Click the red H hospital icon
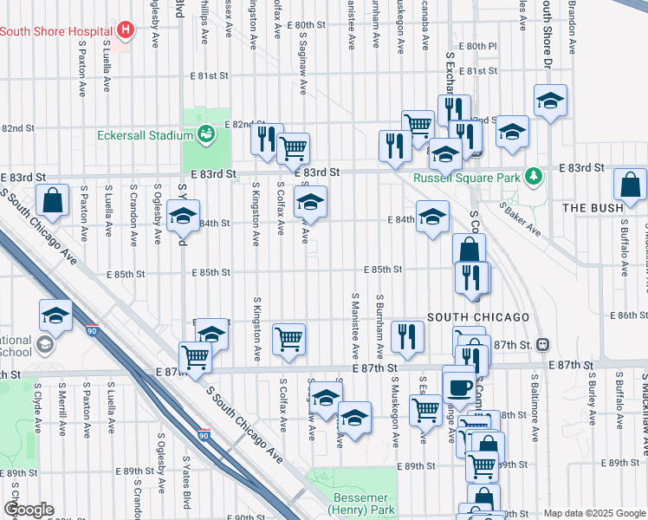pos(126,31)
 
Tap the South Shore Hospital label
pos(57,31)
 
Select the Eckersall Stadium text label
pos(144,135)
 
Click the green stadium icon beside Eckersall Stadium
pos(206,134)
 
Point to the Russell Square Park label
pos(468,178)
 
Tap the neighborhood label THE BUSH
pos(593,208)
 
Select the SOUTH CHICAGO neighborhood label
pos(477,316)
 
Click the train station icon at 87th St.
pos(542,344)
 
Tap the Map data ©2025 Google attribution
pos(594,513)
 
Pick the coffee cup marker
pos(459,384)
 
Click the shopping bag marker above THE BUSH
pos(630,185)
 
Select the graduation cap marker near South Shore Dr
pos(550,101)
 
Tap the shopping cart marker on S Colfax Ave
pos(288,339)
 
